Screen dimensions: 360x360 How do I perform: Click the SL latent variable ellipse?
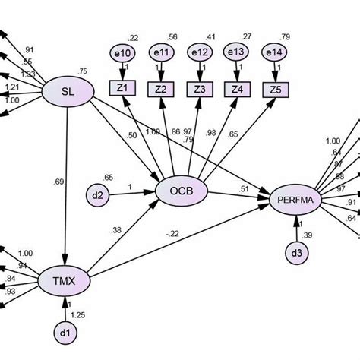[x=68, y=93]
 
